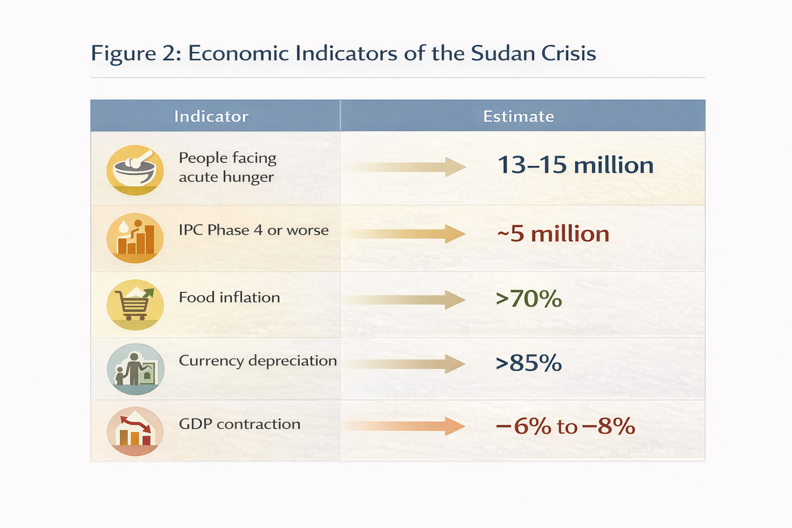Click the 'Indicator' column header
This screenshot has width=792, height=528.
[x=211, y=116]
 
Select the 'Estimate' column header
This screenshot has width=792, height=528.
[x=518, y=116]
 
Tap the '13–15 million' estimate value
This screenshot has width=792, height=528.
[x=575, y=166]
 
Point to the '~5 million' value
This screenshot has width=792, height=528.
[x=553, y=234]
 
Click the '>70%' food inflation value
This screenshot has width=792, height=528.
[x=529, y=299]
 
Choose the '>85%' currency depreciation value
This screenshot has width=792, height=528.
[x=529, y=364]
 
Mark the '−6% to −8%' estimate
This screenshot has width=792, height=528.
[x=565, y=426]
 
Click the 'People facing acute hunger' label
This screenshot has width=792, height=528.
[x=227, y=167]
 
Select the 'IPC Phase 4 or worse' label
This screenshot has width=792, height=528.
[x=253, y=230]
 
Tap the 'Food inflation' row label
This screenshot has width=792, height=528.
[x=229, y=298]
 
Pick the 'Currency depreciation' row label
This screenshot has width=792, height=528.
[x=257, y=360]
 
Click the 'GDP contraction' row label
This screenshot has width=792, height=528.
[x=239, y=424]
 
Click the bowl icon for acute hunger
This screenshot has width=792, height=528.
[x=135, y=170]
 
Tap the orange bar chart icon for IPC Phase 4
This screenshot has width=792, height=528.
[x=135, y=238]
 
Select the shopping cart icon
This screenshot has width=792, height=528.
[x=135, y=305]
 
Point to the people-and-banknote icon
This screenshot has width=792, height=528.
[x=135, y=369]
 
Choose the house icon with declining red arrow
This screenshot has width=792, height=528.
[x=135, y=431]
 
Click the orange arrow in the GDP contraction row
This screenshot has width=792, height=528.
[x=405, y=426]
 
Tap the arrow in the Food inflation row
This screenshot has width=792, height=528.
[x=405, y=300]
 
